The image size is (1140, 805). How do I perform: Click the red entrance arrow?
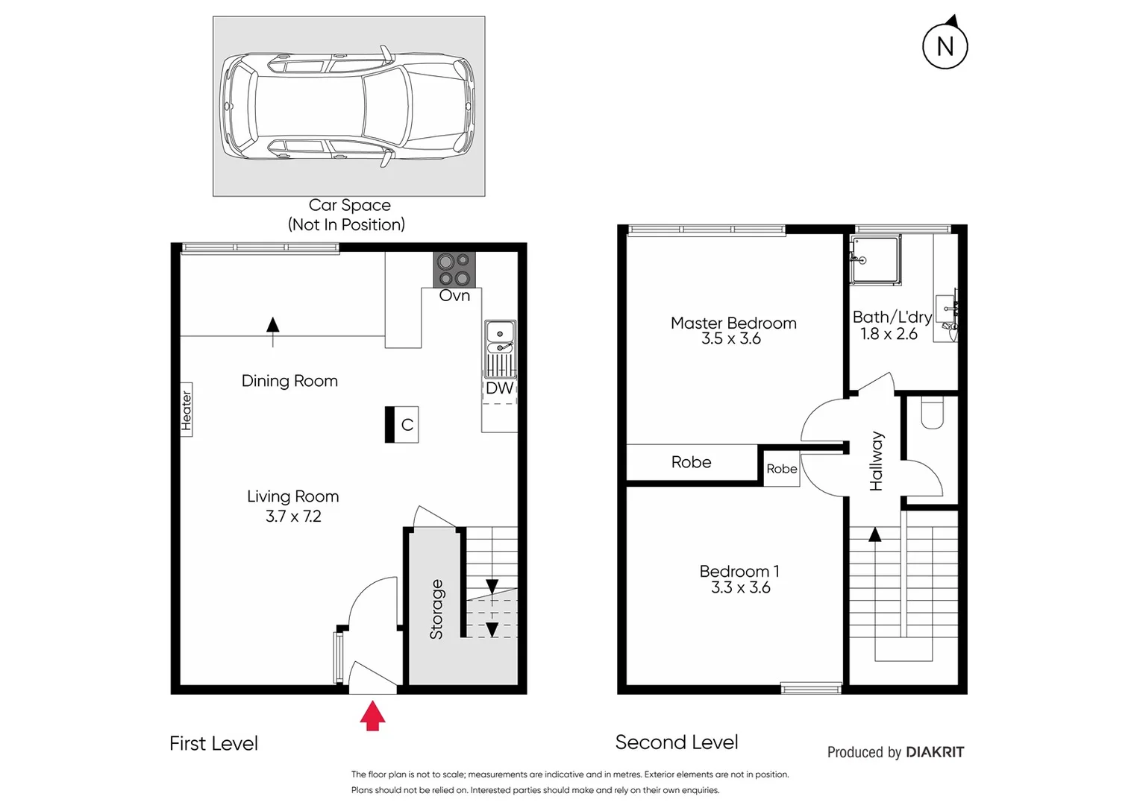[x=372, y=717]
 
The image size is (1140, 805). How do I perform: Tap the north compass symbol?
[x=945, y=46]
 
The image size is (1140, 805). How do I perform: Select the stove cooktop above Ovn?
[x=454, y=270]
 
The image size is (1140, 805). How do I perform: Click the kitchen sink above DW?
[x=500, y=338]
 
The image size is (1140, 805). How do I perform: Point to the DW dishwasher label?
[x=499, y=388]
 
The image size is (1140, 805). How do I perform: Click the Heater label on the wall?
[x=187, y=409]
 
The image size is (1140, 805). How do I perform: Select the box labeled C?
[x=403, y=425]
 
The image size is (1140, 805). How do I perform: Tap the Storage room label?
[x=436, y=610]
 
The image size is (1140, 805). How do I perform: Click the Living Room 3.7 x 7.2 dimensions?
[x=293, y=516]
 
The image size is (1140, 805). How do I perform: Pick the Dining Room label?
[x=289, y=381]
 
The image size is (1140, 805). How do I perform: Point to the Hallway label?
[x=876, y=461]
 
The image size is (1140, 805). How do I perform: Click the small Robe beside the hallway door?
[x=781, y=469]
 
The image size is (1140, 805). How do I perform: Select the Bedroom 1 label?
[x=739, y=572]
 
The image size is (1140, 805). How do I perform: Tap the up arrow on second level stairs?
[x=875, y=534]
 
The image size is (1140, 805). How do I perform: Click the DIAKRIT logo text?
[x=934, y=752]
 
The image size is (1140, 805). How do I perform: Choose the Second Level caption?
[x=677, y=742]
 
